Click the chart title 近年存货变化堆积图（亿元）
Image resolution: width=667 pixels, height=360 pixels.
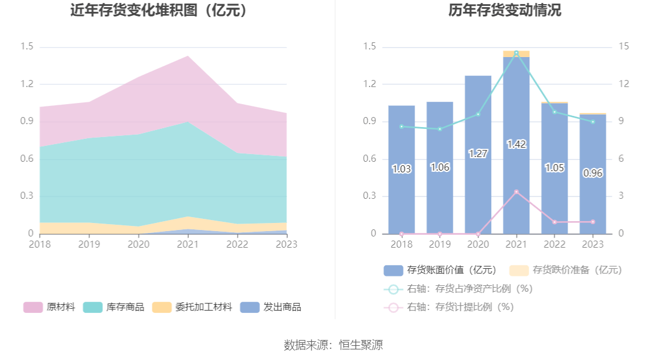pyautogui.click(x=159, y=11)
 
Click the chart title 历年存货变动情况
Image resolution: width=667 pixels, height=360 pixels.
pyautogui.click(x=505, y=11)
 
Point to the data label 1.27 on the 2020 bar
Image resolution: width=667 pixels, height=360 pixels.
pyautogui.click(x=478, y=154)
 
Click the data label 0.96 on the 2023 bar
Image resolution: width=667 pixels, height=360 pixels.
pyautogui.click(x=592, y=173)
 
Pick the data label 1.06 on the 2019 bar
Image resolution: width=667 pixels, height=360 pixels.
pyautogui.click(x=439, y=167)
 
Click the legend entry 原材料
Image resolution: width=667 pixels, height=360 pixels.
pyautogui.click(x=49, y=307)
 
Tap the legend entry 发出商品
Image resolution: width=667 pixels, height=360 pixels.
pyautogui.click(x=271, y=307)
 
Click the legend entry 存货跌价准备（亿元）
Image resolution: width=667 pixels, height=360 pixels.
pyautogui.click(x=565, y=270)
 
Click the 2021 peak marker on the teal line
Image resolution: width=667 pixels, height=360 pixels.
pyautogui.click(x=516, y=54)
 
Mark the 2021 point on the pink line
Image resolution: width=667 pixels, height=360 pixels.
pyautogui.click(x=516, y=192)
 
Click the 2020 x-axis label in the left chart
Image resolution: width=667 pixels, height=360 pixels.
pyautogui.click(x=138, y=244)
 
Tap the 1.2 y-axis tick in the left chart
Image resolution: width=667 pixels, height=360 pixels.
pyautogui.click(x=27, y=84)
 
